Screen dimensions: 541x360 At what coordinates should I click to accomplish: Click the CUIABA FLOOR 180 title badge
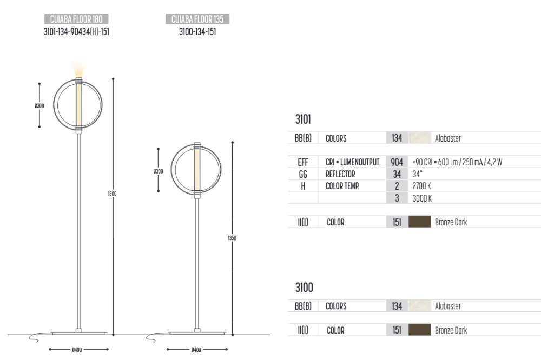76,19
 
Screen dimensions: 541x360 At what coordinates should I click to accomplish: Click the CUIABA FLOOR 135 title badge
197,19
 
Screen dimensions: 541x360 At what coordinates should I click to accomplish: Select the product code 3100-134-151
197,32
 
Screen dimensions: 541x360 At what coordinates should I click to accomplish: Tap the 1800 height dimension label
112,194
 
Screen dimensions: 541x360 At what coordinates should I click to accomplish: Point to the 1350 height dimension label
232,238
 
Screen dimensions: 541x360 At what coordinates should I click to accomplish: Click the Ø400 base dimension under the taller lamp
77,350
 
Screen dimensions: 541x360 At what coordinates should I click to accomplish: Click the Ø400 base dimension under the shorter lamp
196,350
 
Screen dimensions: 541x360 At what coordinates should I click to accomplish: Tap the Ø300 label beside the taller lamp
39,106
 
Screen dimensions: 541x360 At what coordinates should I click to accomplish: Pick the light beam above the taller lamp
80,68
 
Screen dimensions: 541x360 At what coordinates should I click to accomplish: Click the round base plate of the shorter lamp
197,333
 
